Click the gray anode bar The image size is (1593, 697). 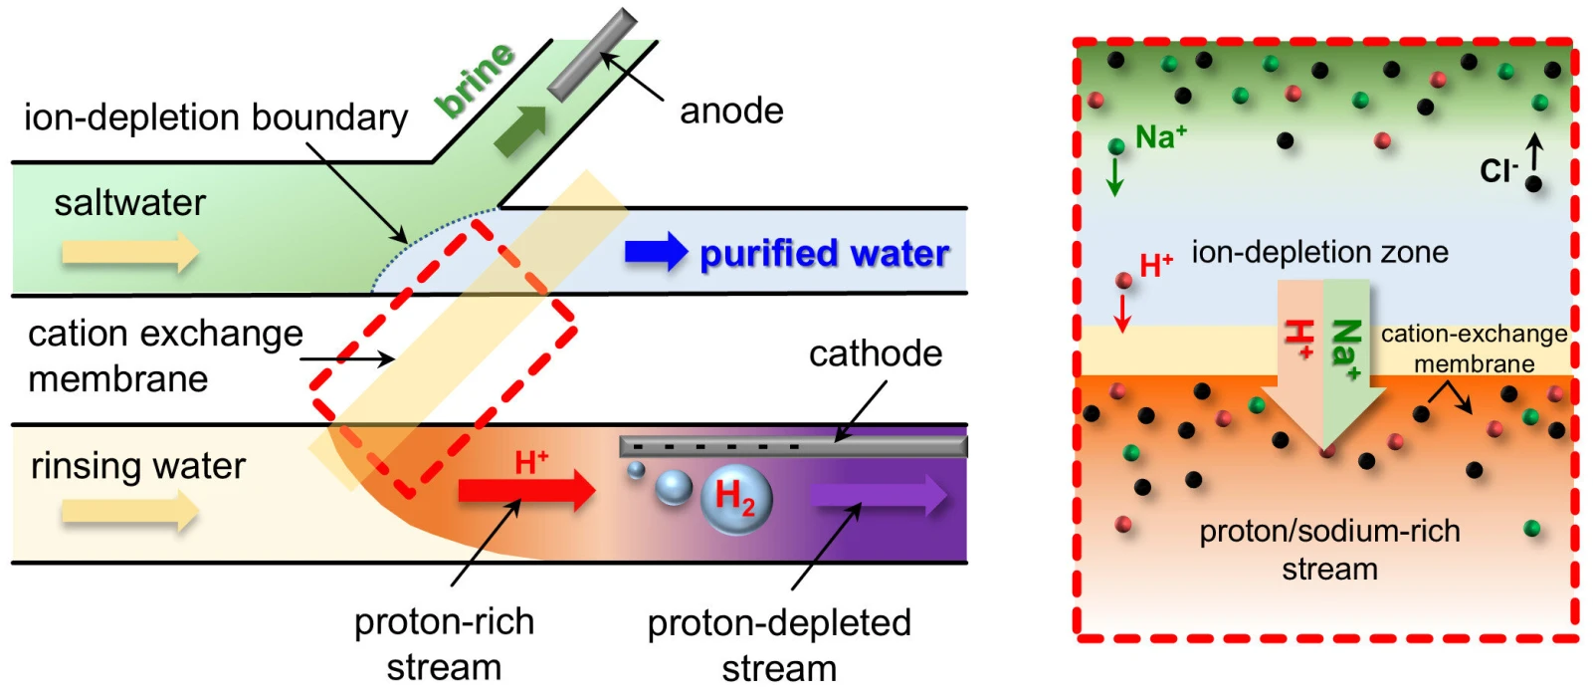coord(593,55)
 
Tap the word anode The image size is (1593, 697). coord(731,111)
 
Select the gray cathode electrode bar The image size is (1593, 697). coord(792,445)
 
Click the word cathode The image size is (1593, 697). coord(875,353)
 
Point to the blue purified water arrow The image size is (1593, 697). coord(656,253)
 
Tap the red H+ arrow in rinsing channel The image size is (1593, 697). coord(526,490)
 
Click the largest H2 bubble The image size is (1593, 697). coord(736,499)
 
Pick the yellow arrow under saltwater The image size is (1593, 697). coord(129,252)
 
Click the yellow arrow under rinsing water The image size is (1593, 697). coord(129,512)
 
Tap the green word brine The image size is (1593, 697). coord(476,79)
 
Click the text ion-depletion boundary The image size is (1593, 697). coord(216,117)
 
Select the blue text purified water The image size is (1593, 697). coord(824,254)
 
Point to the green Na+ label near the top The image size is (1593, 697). coord(1160,136)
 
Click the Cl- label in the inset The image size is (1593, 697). coord(1498,171)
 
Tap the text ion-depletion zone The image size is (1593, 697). coord(1319,252)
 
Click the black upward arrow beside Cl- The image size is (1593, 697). coord(1534,151)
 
